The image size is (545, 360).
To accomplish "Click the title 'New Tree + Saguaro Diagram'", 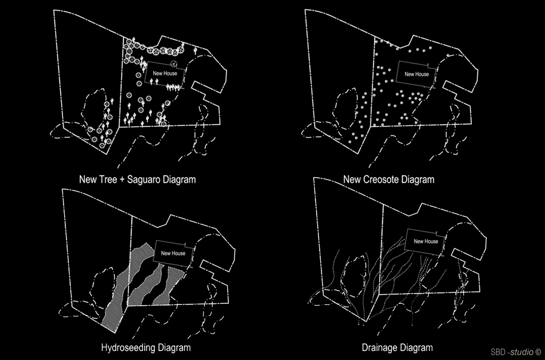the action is tap(137, 180).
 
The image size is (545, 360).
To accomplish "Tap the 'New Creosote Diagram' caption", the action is tap(389, 180).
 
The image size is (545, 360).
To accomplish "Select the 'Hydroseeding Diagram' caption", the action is tap(145, 347).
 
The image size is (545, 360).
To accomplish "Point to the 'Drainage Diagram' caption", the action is tap(397, 347).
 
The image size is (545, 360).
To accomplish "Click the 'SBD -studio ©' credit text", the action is tap(516, 352).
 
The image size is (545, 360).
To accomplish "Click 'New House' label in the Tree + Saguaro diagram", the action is tap(165, 73).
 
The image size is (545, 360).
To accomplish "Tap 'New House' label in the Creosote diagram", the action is tap(417, 74).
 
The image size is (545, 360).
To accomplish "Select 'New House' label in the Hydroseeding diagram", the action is tap(173, 253).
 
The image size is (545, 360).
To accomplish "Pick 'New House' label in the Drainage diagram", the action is tap(426, 241).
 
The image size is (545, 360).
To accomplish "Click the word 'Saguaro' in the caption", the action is tap(144, 180).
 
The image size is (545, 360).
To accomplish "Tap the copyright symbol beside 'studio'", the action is tap(538, 352).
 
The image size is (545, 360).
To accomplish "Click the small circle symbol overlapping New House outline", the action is tap(174, 64).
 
